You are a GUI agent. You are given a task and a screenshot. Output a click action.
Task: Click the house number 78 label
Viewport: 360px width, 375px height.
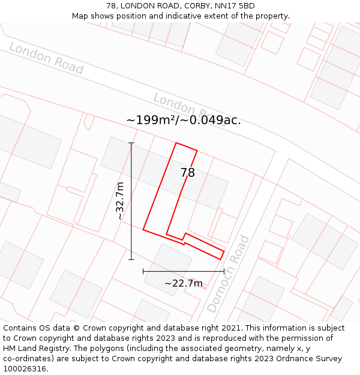(x=188, y=173)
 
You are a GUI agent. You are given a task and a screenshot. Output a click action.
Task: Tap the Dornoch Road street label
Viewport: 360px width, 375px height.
(x=228, y=274)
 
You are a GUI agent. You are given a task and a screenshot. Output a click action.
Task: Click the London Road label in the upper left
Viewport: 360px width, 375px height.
(x=46, y=58)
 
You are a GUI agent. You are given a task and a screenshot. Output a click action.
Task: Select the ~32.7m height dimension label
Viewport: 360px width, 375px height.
(x=120, y=200)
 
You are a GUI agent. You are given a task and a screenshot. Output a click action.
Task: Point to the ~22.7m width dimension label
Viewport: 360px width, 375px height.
(x=184, y=283)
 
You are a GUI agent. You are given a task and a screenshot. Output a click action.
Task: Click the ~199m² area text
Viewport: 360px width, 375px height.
(x=149, y=120)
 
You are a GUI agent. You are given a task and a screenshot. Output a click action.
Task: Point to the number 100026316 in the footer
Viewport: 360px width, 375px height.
(x=26, y=368)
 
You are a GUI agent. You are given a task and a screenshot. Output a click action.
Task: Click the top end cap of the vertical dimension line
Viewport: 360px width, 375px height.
(x=131, y=143)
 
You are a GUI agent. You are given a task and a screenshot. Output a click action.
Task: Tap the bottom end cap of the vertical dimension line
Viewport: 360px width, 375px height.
(x=131, y=259)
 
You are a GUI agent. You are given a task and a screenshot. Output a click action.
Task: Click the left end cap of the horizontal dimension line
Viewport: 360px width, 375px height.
(x=143, y=271)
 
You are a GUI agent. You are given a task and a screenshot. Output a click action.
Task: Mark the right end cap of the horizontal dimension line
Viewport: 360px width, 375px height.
(x=224, y=271)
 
